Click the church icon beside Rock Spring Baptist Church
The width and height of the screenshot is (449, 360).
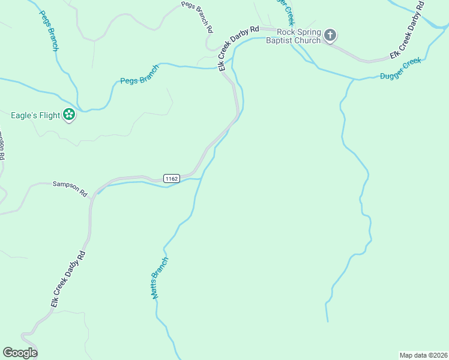pyautogui.click(x=330, y=36)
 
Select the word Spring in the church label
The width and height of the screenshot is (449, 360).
pyautogui.click(x=310, y=32)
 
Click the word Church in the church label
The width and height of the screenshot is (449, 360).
pyautogui.click(x=309, y=41)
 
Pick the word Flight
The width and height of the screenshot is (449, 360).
pyautogui.click(x=49, y=115)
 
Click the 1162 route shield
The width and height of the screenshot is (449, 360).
pyautogui.click(x=171, y=178)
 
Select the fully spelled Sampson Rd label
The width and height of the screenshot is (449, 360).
pyautogui.click(x=70, y=189)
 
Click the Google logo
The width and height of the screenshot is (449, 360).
pyautogui.click(x=20, y=353)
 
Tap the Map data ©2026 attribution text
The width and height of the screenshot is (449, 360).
pyautogui.click(x=423, y=355)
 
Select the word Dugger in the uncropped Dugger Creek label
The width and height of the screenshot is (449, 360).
pyautogui.click(x=393, y=73)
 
